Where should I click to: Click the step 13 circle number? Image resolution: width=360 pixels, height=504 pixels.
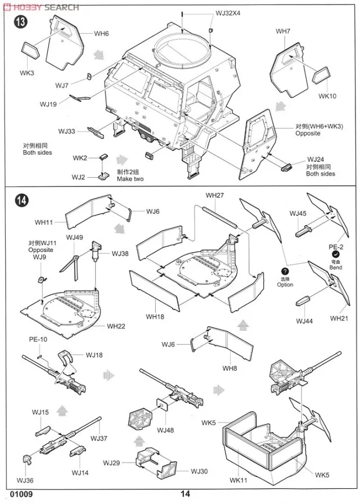point(21,22)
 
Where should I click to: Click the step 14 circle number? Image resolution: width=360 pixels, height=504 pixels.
point(21,200)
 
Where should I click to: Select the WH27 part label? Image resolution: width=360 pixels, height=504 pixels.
point(214,195)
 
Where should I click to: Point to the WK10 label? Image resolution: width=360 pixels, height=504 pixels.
point(327,96)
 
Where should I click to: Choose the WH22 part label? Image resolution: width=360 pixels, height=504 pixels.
point(116,326)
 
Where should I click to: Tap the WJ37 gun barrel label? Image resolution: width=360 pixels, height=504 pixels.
point(98,438)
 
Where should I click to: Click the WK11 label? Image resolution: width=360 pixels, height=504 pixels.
point(238,480)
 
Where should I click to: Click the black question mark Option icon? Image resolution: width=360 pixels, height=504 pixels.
point(285,272)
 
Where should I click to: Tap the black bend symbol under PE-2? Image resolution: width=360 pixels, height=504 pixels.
point(336,255)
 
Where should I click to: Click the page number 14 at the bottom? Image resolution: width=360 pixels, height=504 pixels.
point(186,494)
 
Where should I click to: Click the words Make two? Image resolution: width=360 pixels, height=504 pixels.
point(130,179)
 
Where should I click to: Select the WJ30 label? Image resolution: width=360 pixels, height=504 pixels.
point(199,471)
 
